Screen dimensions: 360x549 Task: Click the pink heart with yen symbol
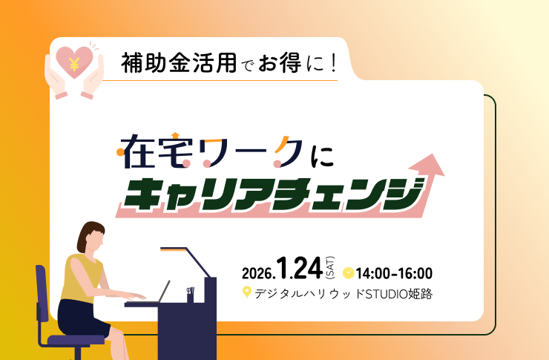pyautogui.click(x=74, y=62)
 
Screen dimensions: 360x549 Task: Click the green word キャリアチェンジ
pyautogui.click(x=272, y=192)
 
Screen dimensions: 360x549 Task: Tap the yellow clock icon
pyautogui.click(x=348, y=274)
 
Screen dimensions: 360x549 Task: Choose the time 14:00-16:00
pyautogui.click(x=394, y=274)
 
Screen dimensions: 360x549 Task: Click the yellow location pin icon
pyautogui.click(x=247, y=293)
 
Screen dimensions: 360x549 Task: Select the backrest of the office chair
pyautogui.click(x=42, y=292)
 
